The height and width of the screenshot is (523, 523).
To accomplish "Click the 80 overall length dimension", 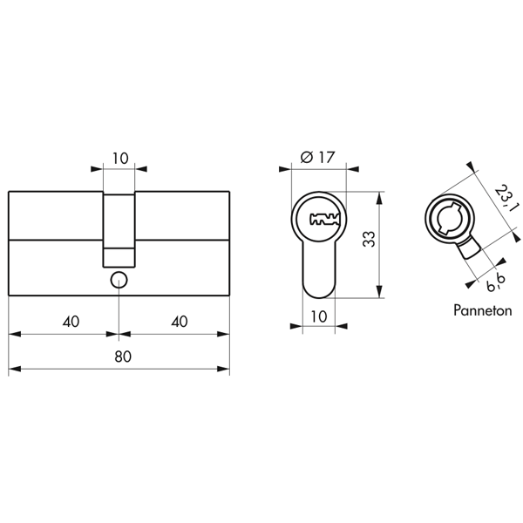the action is pyautogui.click(x=123, y=357).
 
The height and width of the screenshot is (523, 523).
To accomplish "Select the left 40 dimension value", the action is pyautogui.click(x=71, y=322).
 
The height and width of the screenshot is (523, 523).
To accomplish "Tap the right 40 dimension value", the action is pyautogui.click(x=180, y=321).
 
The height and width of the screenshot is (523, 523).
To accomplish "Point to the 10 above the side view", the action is pyautogui.click(x=120, y=159).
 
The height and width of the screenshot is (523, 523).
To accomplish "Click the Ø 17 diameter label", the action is pyautogui.click(x=317, y=157).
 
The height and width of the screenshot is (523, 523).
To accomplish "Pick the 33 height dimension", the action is pyautogui.click(x=369, y=239).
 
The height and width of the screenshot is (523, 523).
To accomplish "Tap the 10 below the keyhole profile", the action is pyautogui.click(x=319, y=316).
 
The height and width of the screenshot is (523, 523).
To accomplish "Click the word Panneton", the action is pyautogui.click(x=483, y=310).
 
